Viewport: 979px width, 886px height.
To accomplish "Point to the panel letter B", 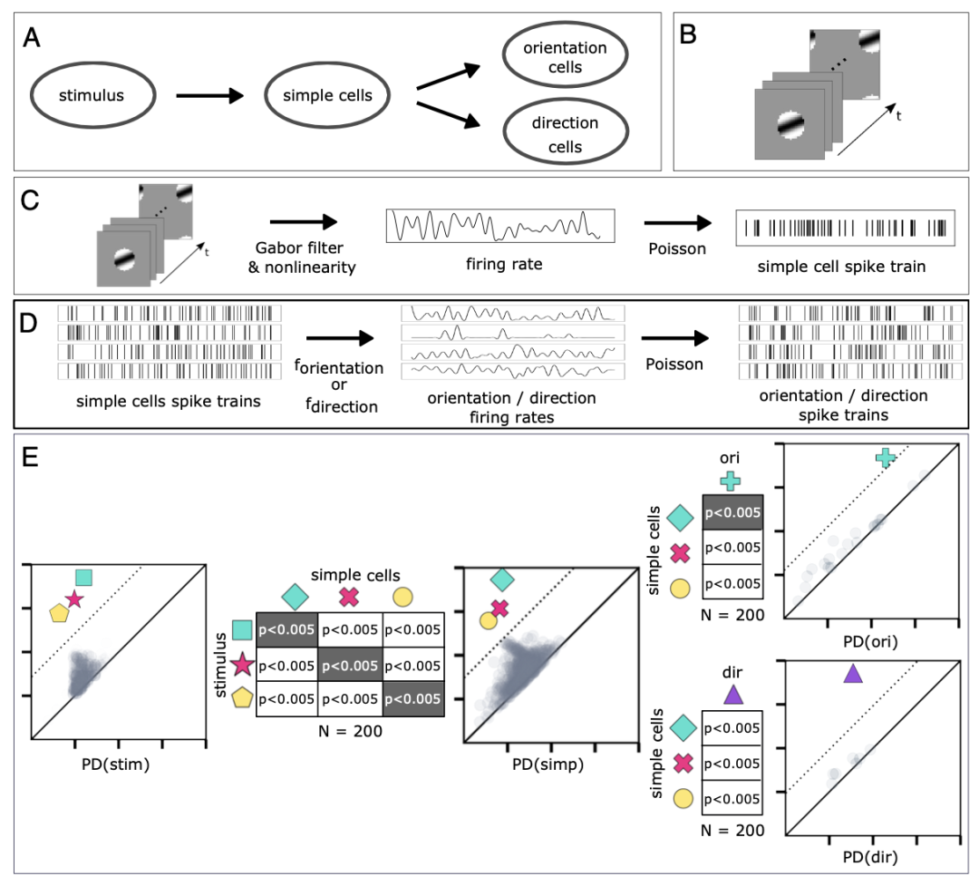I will [688, 37].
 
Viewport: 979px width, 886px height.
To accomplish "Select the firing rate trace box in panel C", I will [499, 225].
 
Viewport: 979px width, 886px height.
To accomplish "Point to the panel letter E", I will [31, 455].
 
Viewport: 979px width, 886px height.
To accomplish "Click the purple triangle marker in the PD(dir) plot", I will [852, 674].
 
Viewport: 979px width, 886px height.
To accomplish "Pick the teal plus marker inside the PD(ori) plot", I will [886, 459].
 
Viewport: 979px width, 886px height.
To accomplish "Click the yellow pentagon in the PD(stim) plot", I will [60, 613].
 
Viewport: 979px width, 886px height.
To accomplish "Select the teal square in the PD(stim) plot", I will [83, 577].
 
